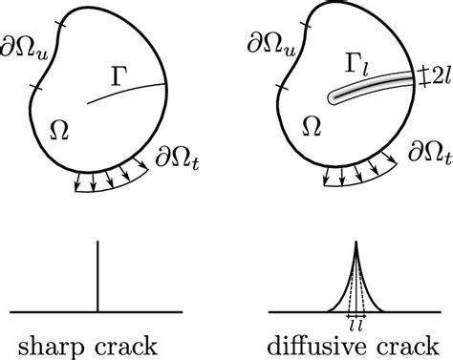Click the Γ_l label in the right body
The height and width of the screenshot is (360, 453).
pyautogui.click(x=360, y=66)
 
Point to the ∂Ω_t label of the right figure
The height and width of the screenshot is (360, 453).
pyautogui.click(x=427, y=153)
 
